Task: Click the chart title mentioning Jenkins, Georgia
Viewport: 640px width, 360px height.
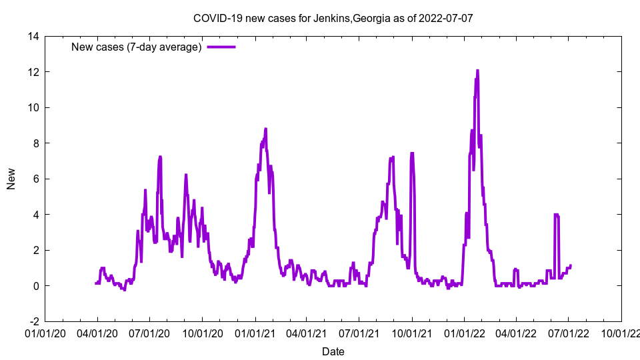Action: (333, 18)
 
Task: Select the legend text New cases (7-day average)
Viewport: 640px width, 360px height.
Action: (137, 47)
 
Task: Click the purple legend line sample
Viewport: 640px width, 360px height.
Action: (221, 47)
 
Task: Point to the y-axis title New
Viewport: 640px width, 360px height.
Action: (11, 179)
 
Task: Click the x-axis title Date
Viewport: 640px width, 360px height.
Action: (333, 351)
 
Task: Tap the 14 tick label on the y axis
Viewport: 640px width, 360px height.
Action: (33, 36)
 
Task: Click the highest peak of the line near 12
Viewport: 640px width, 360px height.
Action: (477, 70)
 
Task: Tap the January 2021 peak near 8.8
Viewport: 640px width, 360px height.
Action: (265, 129)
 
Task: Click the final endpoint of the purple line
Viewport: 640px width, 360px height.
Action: (571, 265)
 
